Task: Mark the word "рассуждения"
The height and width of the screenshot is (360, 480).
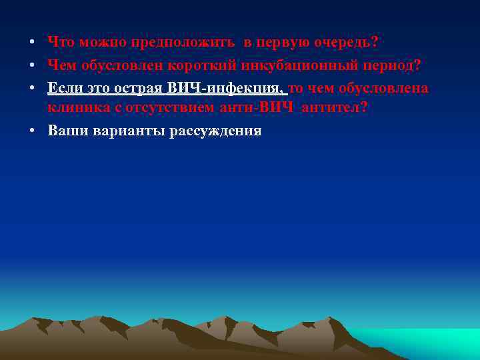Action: coord(215,131)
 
